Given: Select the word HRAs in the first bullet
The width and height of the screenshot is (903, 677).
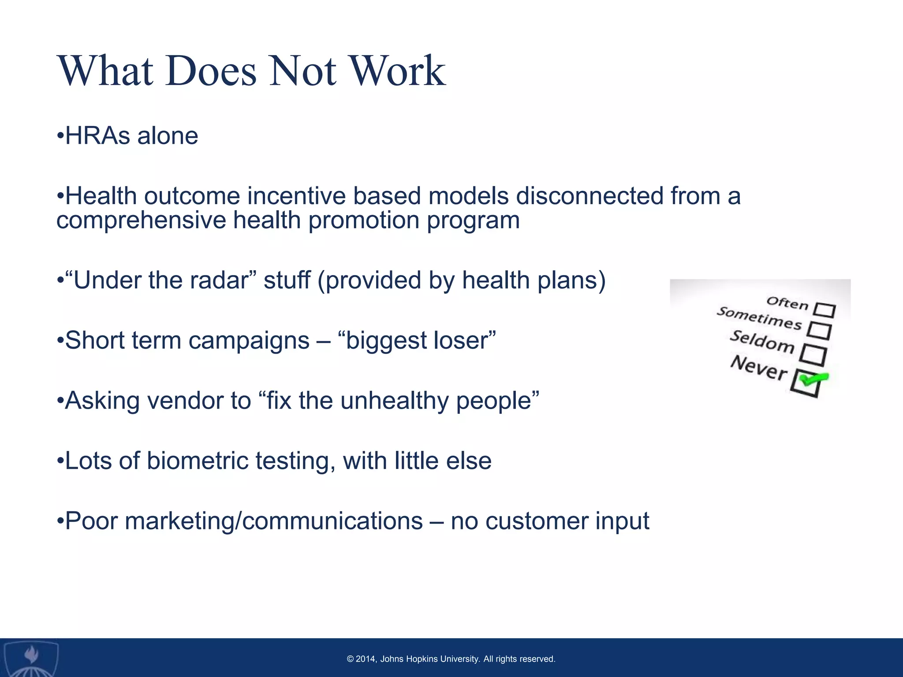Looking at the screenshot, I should (97, 136).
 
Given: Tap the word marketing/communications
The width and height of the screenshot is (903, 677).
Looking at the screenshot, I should (274, 521).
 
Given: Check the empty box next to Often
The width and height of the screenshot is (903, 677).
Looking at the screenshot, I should (824, 310).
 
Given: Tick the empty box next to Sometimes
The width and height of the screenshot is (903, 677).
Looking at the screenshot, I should (819, 331).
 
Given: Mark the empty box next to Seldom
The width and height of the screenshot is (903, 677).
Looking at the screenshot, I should (813, 355).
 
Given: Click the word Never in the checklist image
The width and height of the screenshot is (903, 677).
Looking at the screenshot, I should (758, 368).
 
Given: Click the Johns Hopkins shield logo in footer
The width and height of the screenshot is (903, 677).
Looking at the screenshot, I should (30, 658).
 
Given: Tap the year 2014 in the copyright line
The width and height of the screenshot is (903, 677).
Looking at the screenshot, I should (366, 659).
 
